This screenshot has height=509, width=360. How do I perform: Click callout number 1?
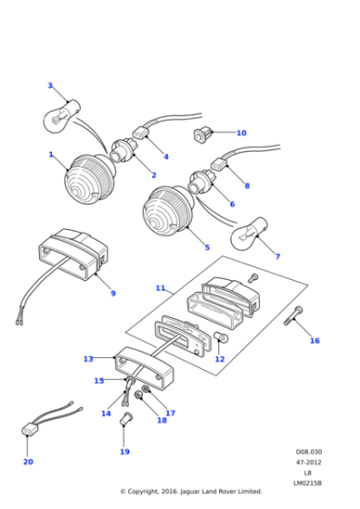(x=51, y=155)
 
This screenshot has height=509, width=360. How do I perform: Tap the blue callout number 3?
(x=50, y=85)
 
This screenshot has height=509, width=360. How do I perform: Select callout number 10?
(x=241, y=134)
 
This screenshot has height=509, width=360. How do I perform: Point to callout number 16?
(x=315, y=341)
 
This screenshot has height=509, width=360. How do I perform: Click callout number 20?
(x=27, y=462)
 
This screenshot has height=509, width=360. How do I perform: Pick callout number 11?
(x=160, y=288)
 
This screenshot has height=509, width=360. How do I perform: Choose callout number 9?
(x=113, y=294)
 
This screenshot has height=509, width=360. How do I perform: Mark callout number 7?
(x=277, y=256)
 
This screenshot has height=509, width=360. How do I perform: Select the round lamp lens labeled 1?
(x=86, y=179)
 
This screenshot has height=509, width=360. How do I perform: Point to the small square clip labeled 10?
(x=201, y=135)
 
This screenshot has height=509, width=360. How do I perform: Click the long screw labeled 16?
(x=293, y=318)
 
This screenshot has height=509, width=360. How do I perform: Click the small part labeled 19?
(x=126, y=419)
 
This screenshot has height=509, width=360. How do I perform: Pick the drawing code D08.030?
(x=308, y=452)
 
